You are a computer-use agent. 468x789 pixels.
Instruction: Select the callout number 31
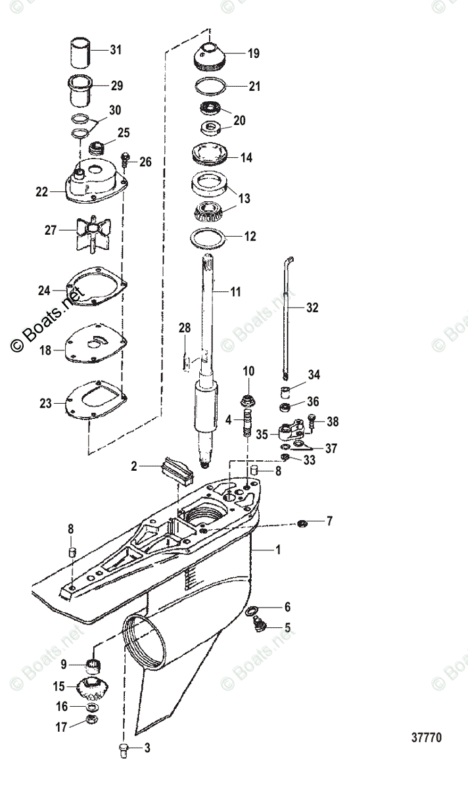(116, 50)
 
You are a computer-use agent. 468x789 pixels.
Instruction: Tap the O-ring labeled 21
(210, 86)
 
